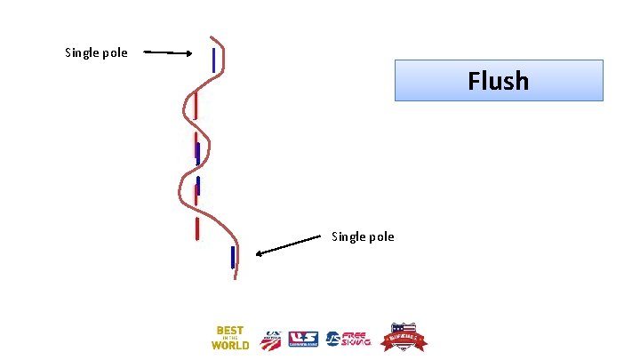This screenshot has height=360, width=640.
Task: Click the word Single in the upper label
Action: (x=84, y=53)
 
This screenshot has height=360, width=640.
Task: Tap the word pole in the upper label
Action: (x=116, y=53)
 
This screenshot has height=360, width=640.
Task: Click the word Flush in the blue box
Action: (x=499, y=81)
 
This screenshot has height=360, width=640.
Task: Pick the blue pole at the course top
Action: (x=214, y=60)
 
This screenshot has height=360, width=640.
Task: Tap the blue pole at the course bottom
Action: (x=233, y=257)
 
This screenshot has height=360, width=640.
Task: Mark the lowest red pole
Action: (x=197, y=228)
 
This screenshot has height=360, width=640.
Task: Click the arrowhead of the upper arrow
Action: (x=188, y=53)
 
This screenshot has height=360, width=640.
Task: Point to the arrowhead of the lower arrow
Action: (x=260, y=253)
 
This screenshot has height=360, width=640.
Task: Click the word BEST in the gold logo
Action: (x=229, y=331)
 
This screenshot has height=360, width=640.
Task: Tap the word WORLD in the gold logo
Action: (x=229, y=345)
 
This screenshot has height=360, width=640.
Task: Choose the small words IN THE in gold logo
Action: (x=229, y=338)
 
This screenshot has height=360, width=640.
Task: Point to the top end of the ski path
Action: (x=212, y=37)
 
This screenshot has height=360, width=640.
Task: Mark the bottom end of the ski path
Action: (x=236, y=278)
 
